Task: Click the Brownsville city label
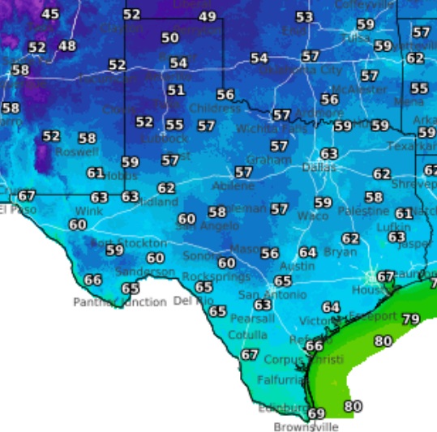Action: (x=306, y=426)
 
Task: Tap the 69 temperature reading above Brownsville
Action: (x=316, y=413)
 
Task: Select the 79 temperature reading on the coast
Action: (x=411, y=319)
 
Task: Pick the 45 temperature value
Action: (x=50, y=14)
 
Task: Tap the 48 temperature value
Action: (x=67, y=46)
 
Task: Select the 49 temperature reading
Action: (x=208, y=16)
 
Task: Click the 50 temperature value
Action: (x=169, y=37)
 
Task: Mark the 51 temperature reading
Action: (x=176, y=90)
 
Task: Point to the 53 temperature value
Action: (x=304, y=17)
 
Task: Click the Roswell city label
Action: (x=77, y=152)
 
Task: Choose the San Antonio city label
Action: (x=272, y=294)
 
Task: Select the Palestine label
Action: (x=364, y=210)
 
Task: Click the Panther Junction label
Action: (x=120, y=302)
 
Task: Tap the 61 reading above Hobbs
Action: (x=96, y=173)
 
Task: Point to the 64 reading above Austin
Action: (x=307, y=253)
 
